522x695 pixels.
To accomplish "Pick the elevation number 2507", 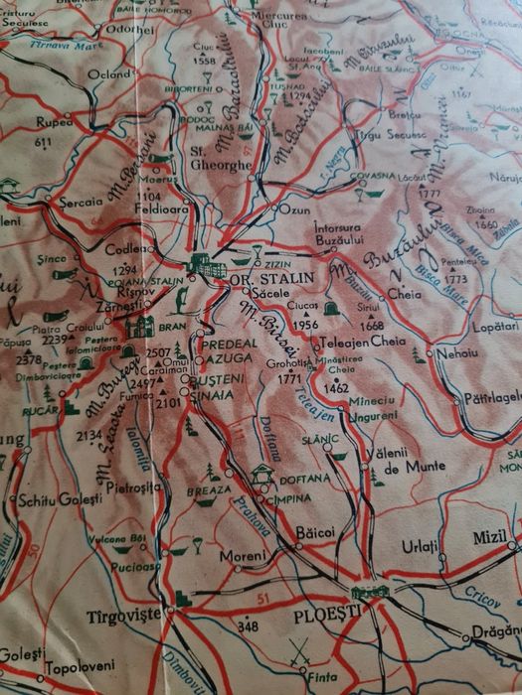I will coord(158,352).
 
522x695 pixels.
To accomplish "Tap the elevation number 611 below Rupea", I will coord(43,142).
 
